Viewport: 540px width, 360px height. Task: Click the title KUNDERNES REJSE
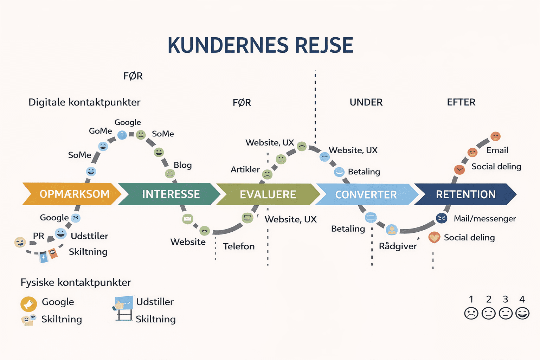pyautogui.click(x=260, y=45)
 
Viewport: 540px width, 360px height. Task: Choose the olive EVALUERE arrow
pyautogui.click(x=268, y=194)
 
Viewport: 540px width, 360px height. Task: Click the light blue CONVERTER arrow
pyautogui.click(x=366, y=194)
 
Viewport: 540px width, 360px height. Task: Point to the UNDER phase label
pyautogui.click(x=366, y=102)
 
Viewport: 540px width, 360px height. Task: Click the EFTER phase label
pyautogui.click(x=461, y=102)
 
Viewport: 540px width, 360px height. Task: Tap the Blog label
pyautogui.click(x=182, y=165)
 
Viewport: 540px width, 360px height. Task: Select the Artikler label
pyautogui.click(x=245, y=169)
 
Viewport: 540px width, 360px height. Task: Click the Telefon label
pyautogui.click(x=239, y=246)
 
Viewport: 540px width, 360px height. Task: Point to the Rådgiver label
pyautogui.click(x=398, y=246)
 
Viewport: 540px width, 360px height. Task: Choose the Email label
pyautogui.click(x=497, y=150)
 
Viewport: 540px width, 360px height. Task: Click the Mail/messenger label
pyautogui.click(x=485, y=219)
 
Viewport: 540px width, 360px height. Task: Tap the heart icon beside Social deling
pyautogui.click(x=434, y=238)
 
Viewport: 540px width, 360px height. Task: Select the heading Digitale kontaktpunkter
pyautogui.click(x=84, y=102)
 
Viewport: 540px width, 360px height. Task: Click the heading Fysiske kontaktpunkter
pyautogui.click(x=76, y=282)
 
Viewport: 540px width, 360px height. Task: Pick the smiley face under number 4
pyautogui.click(x=522, y=313)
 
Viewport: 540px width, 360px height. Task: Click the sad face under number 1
pyautogui.click(x=471, y=313)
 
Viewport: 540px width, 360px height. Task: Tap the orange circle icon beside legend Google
pyautogui.click(x=28, y=304)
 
